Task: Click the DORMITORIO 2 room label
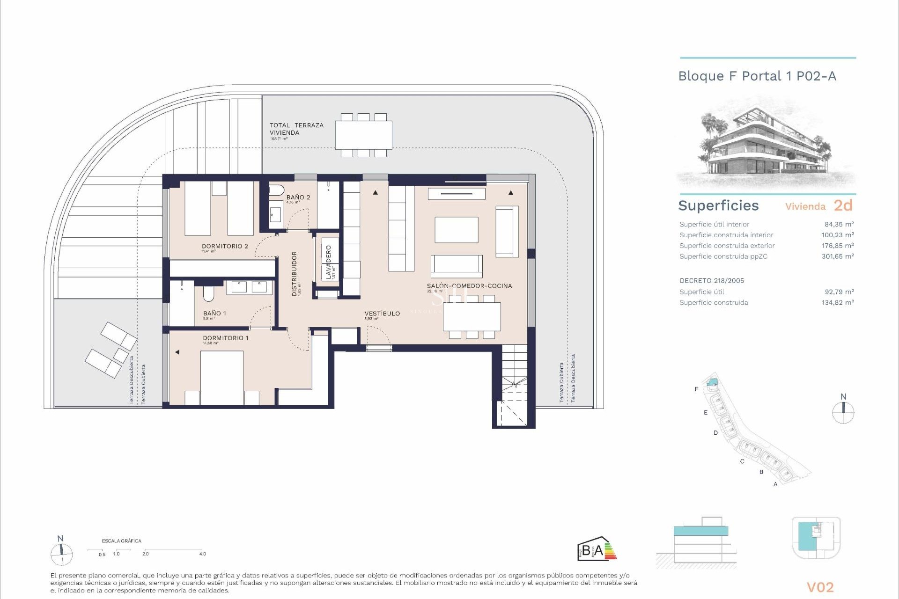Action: (x=225, y=246)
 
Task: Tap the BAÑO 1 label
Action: (x=214, y=313)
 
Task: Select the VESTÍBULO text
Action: (x=382, y=314)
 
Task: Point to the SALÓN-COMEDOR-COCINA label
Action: (x=469, y=285)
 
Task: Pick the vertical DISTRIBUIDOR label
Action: (x=295, y=274)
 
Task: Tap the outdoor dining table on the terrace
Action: (x=363, y=135)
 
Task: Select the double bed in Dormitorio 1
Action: (x=221, y=377)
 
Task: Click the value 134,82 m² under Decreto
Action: (x=838, y=302)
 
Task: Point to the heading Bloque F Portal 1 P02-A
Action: (x=757, y=76)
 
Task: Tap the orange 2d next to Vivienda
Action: (x=843, y=205)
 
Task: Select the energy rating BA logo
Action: (x=597, y=549)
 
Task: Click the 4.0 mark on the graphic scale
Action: (x=202, y=554)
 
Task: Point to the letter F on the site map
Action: (x=696, y=389)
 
